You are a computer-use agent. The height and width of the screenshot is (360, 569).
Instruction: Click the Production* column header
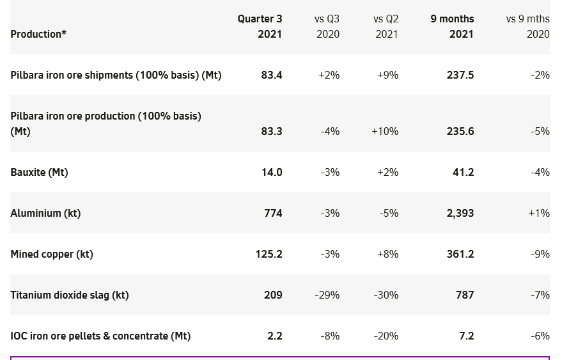[x=38, y=34]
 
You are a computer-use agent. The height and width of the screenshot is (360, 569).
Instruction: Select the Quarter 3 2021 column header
[x=260, y=26]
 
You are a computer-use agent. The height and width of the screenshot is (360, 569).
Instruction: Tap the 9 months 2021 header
[x=452, y=26]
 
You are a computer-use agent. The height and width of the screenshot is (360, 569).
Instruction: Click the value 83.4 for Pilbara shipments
[x=272, y=75]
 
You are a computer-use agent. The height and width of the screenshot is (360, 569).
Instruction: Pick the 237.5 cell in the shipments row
[x=460, y=75]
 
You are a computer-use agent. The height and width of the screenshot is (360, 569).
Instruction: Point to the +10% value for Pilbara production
[x=385, y=131]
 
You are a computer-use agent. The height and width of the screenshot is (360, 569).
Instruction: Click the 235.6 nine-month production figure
[x=460, y=131]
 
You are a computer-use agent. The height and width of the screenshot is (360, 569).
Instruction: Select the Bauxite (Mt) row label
[x=39, y=173]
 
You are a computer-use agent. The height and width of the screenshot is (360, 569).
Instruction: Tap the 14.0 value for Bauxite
[x=272, y=173]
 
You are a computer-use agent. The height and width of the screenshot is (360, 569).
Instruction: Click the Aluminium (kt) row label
[x=46, y=214]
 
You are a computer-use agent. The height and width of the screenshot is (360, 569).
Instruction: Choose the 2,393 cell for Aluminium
[x=460, y=214]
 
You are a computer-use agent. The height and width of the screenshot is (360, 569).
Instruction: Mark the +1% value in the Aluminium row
[x=539, y=214]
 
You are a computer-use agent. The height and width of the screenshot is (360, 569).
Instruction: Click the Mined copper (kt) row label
[x=52, y=254]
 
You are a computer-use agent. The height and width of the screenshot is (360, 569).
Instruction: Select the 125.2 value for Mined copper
[x=269, y=254]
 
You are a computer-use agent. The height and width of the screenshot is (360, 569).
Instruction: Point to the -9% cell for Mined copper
[x=540, y=254]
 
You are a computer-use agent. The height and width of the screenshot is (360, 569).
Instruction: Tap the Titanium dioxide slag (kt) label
[x=70, y=295]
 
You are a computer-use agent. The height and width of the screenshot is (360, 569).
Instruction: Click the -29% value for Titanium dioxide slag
[x=327, y=295]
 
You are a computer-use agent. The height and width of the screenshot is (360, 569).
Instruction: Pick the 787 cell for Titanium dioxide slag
[x=465, y=295]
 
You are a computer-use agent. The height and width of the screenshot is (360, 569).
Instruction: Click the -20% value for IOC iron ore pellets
[x=386, y=336]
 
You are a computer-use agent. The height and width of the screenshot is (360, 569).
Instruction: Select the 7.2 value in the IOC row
[x=467, y=336]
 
